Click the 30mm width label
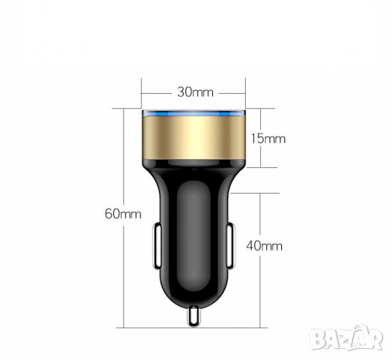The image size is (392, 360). coord(196,92)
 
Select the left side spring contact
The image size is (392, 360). coord(157,245)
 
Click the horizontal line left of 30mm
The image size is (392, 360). coord(158,93)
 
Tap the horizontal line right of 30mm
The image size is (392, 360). coord(233,93)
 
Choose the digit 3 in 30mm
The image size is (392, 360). coord(181,92)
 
